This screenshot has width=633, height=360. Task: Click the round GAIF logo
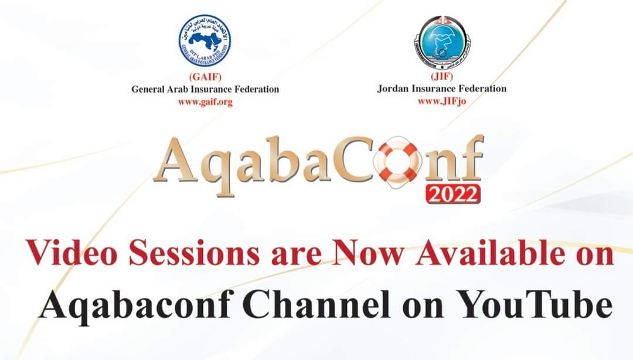coord(205,40)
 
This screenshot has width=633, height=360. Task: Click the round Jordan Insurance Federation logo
coord(441,40)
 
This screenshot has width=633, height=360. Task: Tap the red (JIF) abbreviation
coord(441,77)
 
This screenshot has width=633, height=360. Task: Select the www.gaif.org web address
coord(205,101)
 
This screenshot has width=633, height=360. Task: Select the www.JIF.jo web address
coord(442,100)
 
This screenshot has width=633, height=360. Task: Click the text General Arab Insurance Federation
coord(205,90)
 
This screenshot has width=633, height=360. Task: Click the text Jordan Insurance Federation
coord(442,89)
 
